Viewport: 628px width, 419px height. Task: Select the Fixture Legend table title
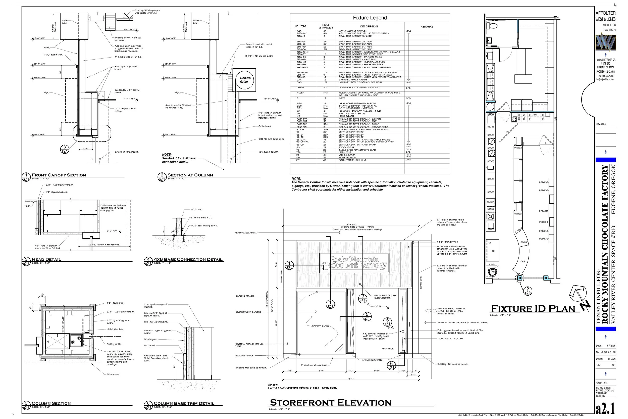coord(370,18)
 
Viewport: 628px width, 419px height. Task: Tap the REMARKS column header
coord(427,27)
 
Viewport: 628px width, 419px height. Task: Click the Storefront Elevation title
coord(331,402)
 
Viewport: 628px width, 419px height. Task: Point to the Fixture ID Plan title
coord(533,309)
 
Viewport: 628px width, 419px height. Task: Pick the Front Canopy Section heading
coord(59,175)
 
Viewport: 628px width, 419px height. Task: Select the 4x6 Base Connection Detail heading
coord(188,259)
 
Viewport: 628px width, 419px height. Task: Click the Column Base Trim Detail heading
coord(184,403)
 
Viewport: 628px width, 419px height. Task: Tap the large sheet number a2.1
coord(606,409)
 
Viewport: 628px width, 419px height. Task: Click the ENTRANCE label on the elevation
coord(387,348)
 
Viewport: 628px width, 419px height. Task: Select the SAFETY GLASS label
coord(321,326)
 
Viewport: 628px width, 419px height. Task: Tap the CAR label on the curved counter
coord(522,261)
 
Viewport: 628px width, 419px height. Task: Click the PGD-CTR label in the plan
coord(544,211)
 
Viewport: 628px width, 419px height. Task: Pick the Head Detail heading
coord(46,259)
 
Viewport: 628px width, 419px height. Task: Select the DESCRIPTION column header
coord(369,27)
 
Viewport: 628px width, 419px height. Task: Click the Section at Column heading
coord(190,175)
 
